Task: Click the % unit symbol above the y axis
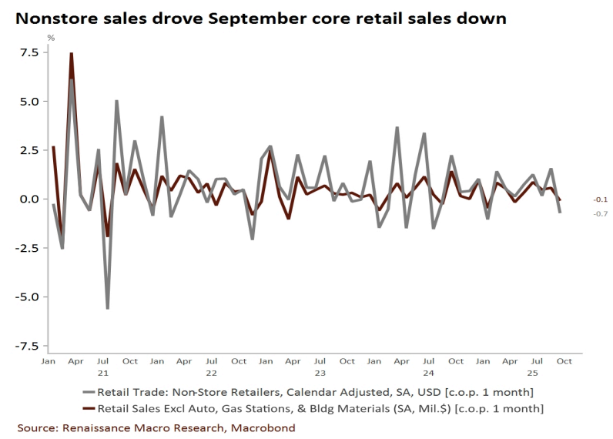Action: [x=51, y=36]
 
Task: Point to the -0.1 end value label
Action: [x=600, y=199]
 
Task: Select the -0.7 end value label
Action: [x=600, y=213]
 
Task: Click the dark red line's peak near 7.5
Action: [x=72, y=53]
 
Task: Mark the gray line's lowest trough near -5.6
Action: [x=107, y=308]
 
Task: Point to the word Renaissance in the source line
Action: [x=96, y=427]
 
